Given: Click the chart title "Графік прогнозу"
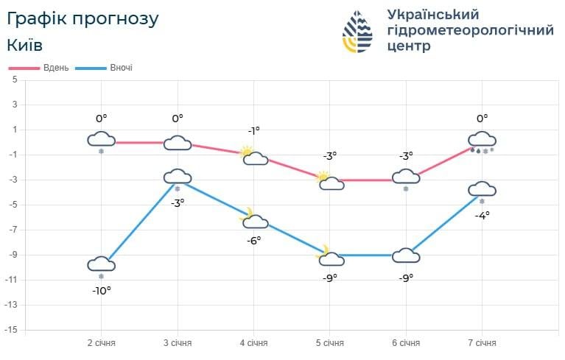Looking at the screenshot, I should click(x=83, y=18).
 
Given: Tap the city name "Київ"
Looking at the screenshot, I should click(x=24, y=44).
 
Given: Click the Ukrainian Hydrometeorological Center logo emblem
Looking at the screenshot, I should click(x=357, y=32).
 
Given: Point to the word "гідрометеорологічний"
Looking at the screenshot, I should click(x=470, y=30).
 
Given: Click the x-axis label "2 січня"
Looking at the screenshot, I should click(x=101, y=342).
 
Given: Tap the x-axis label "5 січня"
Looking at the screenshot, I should click(x=329, y=342).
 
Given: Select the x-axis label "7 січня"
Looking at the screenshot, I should click(x=482, y=342).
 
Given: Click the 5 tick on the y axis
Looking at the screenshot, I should click(x=14, y=80).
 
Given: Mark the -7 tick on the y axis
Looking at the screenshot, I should click(x=13, y=230).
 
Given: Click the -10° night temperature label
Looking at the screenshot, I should click(x=101, y=291).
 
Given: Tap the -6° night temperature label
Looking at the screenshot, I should click(x=253, y=240).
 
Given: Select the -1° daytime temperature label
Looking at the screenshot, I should click(x=253, y=130).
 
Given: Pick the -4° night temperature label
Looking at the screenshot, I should click(x=482, y=215).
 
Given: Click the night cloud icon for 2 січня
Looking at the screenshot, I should click(x=101, y=264).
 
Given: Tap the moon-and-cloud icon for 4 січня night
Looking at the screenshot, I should click(x=253, y=219).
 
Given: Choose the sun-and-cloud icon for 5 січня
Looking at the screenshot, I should click(x=329, y=180).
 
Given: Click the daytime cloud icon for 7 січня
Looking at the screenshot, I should click(x=482, y=139).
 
